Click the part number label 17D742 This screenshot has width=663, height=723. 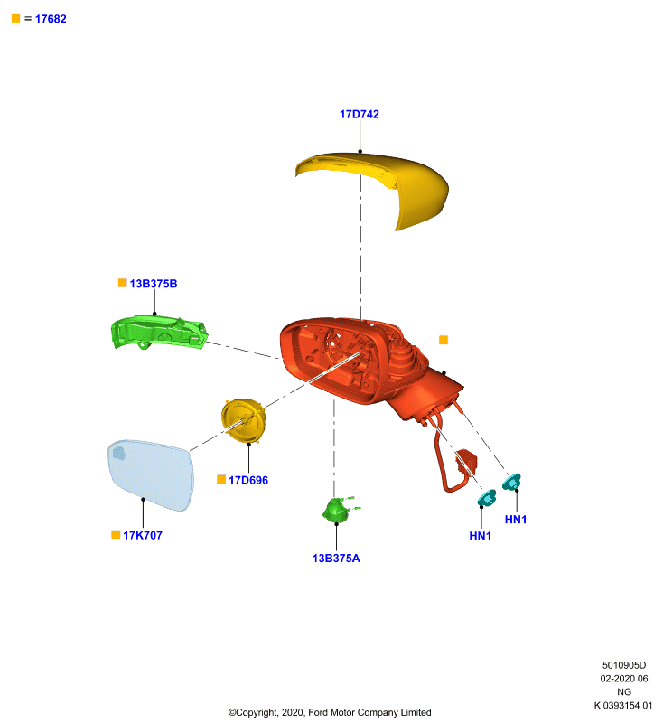click(x=360, y=115)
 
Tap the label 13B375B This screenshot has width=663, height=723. click(x=154, y=284)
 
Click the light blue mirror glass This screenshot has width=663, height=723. click(x=151, y=475)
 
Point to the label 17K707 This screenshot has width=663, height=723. click(x=143, y=535)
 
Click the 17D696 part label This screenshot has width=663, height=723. click(x=248, y=481)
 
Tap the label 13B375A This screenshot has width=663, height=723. click(x=336, y=559)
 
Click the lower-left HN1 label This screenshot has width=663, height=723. click(x=480, y=536)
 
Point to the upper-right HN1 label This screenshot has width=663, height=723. click(x=516, y=520)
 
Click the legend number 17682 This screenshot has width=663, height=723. click(x=51, y=19)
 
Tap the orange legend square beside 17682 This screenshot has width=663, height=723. click(x=15, y=18)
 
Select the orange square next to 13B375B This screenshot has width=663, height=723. click(x=123, y=283)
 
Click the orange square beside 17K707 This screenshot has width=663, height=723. click(x=116, y=534)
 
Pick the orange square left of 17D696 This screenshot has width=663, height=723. click(x=221, y=480)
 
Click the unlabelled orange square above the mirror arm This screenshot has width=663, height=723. click(x=444, y=340)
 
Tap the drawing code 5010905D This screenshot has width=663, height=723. click(x=624, y=665)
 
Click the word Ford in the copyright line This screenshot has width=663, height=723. click(x=318, y=712)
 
